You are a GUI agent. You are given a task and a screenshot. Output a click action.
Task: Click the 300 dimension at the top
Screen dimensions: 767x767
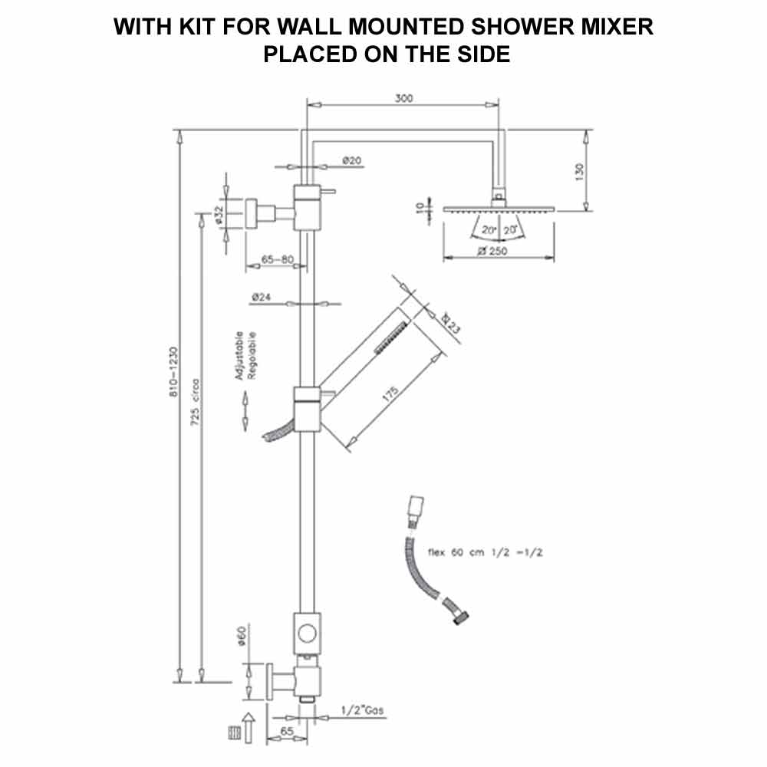pyautogui.click(x=403, y=98)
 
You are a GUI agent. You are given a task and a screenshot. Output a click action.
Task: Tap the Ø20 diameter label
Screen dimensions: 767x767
pyautogui.click(x=352, y=160)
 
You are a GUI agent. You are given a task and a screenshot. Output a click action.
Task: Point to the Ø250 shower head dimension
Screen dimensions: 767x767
pyautogui.click(x=492, y=251)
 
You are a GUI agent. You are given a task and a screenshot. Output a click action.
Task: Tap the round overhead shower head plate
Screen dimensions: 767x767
pyautogui.click(x=497, y=208)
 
